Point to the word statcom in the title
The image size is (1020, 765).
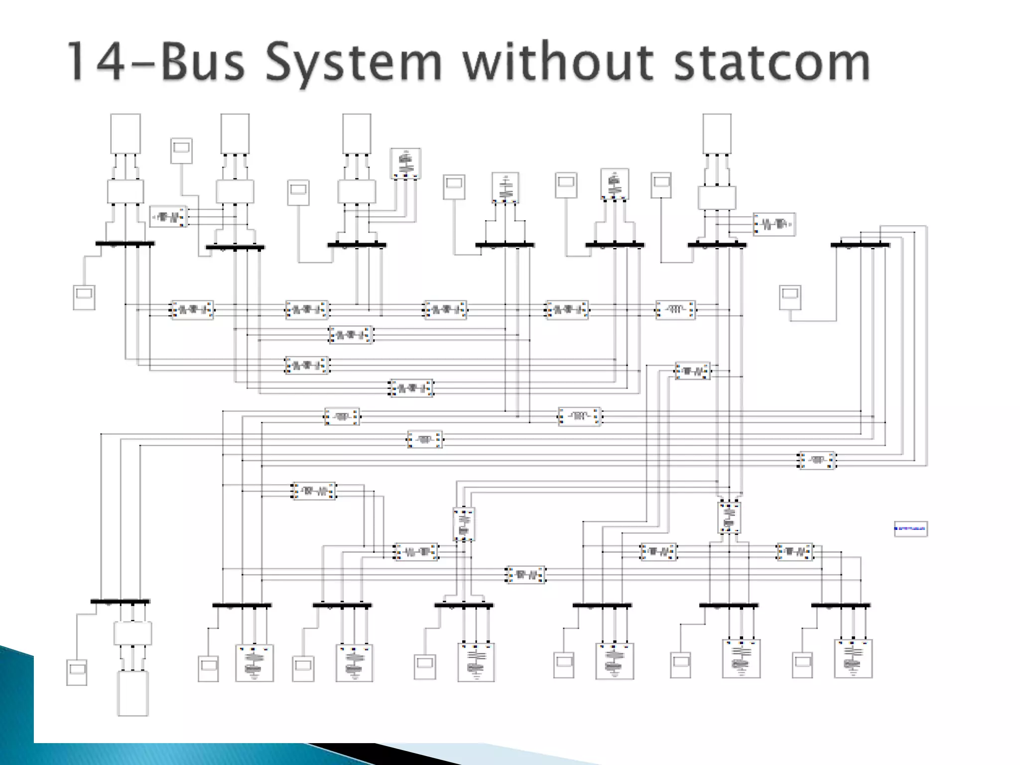[x=772, y=62]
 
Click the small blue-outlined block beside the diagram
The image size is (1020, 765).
[x=910, y=528]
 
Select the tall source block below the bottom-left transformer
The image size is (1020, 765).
[x=132, y=693]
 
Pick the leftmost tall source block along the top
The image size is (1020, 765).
[x=126, y=133]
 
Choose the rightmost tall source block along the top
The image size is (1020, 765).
[x=717, y=133]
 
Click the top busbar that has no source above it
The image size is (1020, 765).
[x=860, y=245]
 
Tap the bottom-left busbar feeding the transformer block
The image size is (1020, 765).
[x=120, y=602]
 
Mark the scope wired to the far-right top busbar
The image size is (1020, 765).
[x=790, y=298]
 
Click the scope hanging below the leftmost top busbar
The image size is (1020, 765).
[x=84, y=297]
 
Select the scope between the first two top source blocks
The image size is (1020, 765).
[x=181, y=151]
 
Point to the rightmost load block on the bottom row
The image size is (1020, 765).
[x=853, y=658]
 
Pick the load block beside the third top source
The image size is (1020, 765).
[x=405, y=163]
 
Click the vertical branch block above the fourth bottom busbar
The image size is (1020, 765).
[x=464, y=524]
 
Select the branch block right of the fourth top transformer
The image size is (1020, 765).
[x=774, y=224]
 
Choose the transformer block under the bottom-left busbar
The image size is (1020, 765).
[x=132, y=633]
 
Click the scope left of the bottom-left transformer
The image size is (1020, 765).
[x=77, y=672]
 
